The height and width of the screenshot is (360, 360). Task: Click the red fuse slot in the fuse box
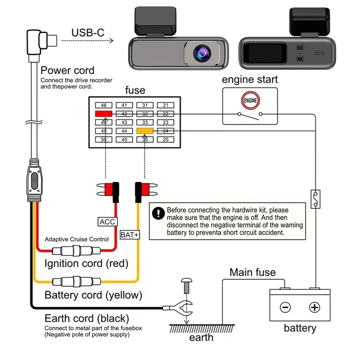103,114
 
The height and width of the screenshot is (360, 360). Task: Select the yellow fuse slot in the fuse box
145,131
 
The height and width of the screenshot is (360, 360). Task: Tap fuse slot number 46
103,105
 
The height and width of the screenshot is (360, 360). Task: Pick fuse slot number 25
166,139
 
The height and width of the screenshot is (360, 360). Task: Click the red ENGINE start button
251,100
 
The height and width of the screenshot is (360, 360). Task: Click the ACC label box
108,221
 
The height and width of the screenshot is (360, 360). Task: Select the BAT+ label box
130,234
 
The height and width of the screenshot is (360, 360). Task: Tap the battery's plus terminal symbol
315,308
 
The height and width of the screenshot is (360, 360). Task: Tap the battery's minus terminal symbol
285,308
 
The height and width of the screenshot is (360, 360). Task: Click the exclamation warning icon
158,213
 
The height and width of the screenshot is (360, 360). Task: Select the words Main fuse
253,272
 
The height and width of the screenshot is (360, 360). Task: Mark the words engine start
251,80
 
